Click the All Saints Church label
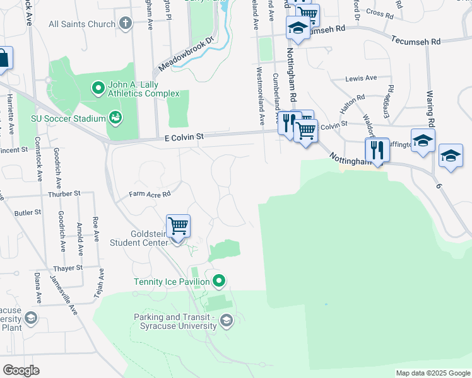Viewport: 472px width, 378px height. (82, 25)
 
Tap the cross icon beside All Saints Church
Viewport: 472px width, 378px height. (126, 25)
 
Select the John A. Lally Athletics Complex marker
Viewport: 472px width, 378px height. (98, 88)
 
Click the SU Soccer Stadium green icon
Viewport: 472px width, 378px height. (115, 117)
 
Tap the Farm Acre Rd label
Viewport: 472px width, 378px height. (150, 194)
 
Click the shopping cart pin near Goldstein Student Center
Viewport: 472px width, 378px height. (179, 226)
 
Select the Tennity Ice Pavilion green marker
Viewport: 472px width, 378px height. (219, 280)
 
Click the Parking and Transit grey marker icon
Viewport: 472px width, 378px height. (226, 322)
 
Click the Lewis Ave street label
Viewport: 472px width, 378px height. (361, 79)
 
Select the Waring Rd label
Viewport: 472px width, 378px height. (431, 108)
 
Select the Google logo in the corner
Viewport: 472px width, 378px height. (21, 370)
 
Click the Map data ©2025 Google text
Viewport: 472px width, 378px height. (433, 373)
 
